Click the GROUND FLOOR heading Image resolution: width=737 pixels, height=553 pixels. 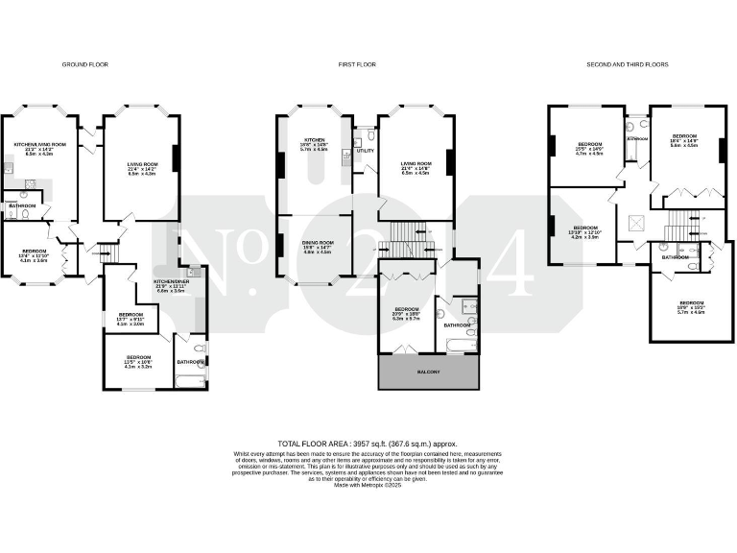pyautogui.click(x=85, y=64)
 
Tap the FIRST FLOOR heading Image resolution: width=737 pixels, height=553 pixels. pyautogui.click(x=356, y=64)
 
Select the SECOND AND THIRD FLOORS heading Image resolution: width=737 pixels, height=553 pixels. pyautogui.click(x=628, y=64)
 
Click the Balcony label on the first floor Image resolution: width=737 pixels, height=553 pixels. pyautogui.click(x=428, y=372)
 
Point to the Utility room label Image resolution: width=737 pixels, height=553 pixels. pyautogui.click(x=365, y=151)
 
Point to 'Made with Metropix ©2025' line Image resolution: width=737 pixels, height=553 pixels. pyautogui.click(x=368, y=485)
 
